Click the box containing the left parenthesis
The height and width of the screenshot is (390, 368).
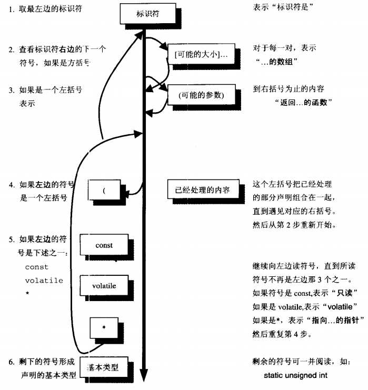pos(105,190)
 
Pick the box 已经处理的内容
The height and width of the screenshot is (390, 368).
pos(202,187)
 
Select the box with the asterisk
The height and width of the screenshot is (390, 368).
pos(104,327)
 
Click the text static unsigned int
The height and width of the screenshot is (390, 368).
pos(296,376)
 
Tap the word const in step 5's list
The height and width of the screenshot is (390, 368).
pos(36,267)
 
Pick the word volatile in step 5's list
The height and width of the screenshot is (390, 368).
pos(44,281)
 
